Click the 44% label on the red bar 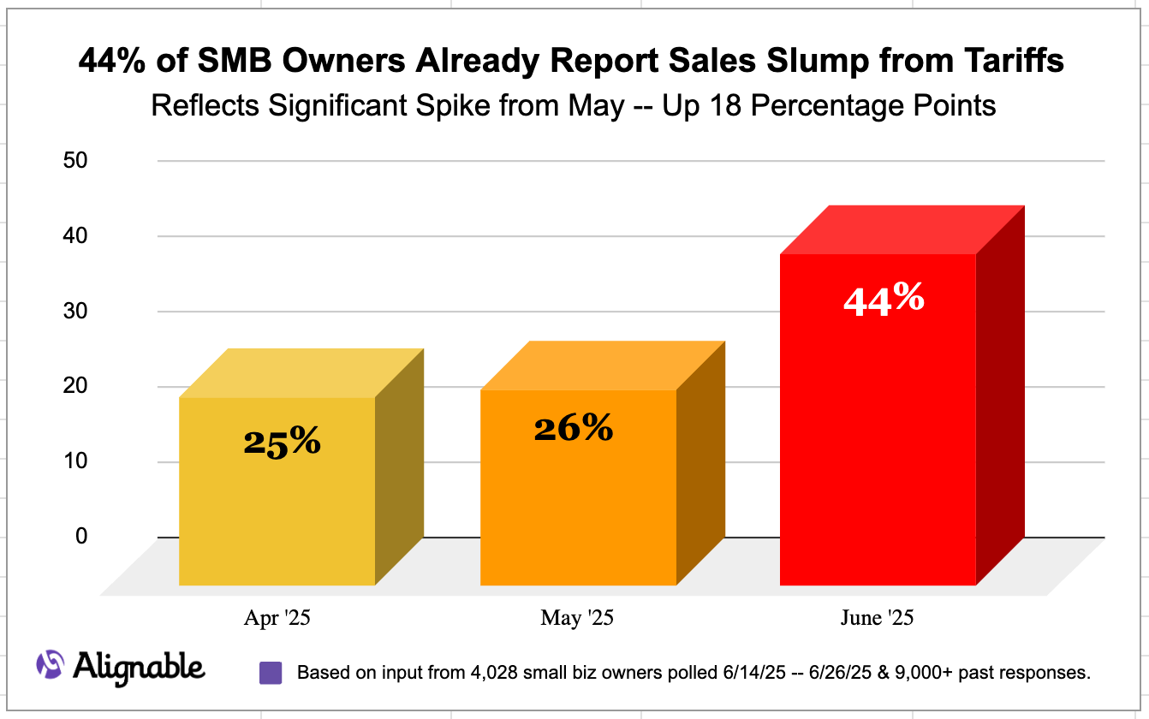coord(884,300)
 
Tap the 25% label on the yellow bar coord(282,442)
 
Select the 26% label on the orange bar coord(573,428)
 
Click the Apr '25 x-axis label coord(277,618)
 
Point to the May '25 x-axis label coord(577,618)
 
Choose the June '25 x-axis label coord(878,618)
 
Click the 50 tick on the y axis coord(76,161)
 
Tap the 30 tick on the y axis coord(76,312)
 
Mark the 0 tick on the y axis coord(81,537)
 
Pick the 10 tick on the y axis coord(76,461)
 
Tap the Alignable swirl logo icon coord(50,664)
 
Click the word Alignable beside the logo coord(139,666)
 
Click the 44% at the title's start coord(108,62)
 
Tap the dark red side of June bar coord(1000,402)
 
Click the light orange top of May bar coord(604,365)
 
